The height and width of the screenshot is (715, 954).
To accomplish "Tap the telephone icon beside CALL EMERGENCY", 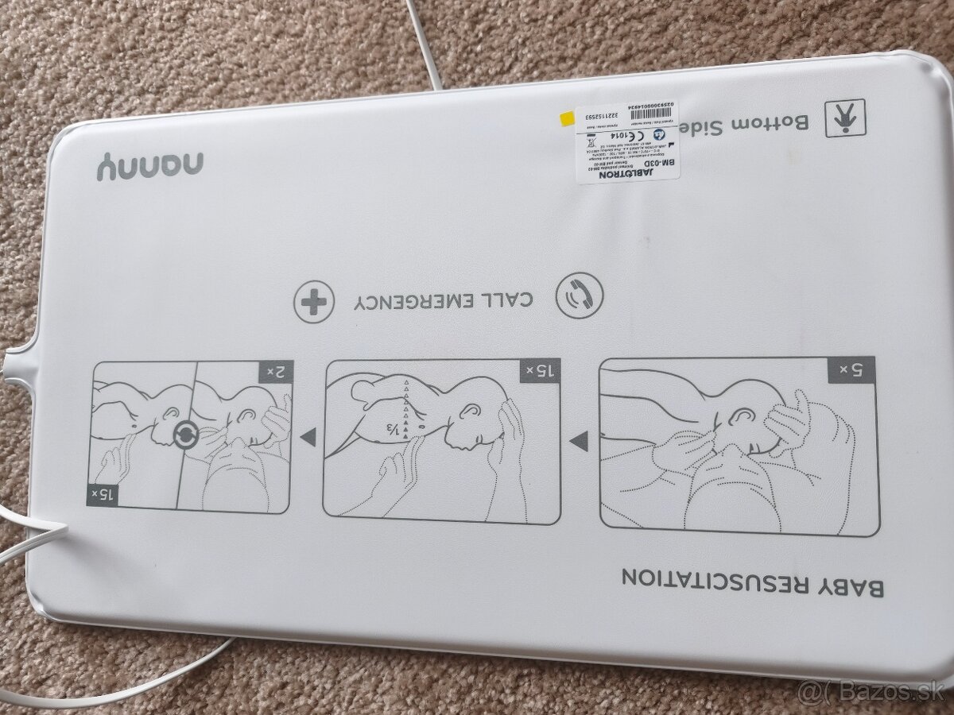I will click(x=578, y=296).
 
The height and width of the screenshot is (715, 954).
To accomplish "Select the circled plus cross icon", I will click(x=311, y=301).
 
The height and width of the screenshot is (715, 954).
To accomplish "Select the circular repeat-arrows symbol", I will click(x=184, y=435).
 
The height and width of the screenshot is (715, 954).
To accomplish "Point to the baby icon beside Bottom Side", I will click(x=841, y=119).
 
